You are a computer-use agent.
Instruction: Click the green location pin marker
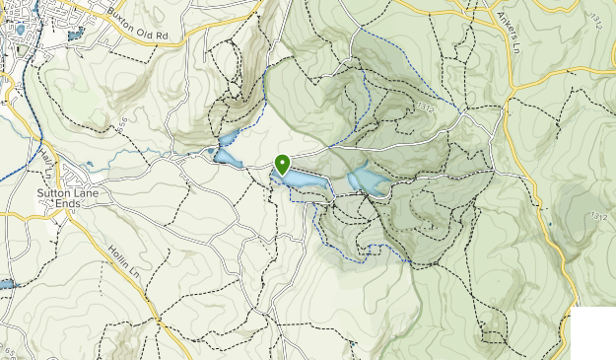283,165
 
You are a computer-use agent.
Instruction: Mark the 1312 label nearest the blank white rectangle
594,215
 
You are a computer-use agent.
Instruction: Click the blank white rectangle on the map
593,334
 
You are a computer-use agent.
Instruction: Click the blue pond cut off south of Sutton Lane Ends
5,284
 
